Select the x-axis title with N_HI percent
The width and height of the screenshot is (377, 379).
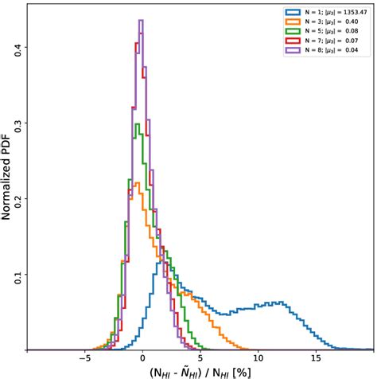tap(200, 371)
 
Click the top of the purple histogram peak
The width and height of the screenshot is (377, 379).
tap(141, 21)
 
